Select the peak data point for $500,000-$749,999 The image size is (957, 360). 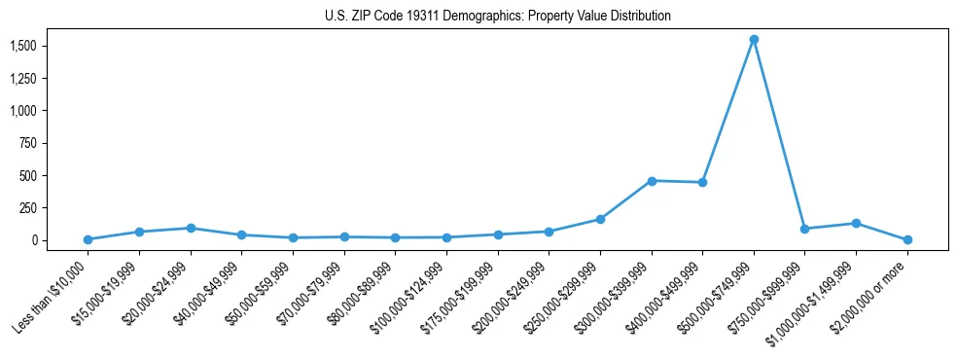(754, 40)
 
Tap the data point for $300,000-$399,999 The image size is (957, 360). (652, 181)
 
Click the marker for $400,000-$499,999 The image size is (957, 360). (702, 183)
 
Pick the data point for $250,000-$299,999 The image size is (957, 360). (600, 219)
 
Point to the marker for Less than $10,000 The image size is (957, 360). (89, 239)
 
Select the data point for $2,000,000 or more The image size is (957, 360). (907, 239)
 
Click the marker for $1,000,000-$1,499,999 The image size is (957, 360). (856, 224)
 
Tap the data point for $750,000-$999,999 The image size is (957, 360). (804, 229)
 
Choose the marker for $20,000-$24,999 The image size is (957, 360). (191, 228)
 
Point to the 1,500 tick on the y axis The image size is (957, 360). (23, 46)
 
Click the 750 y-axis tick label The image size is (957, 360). (28, 143)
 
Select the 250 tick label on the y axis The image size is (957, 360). (28, 208)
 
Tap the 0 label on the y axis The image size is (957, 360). (34, 240)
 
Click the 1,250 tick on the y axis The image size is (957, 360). (23, 78)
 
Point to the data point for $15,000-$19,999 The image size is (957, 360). (140, 232)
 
